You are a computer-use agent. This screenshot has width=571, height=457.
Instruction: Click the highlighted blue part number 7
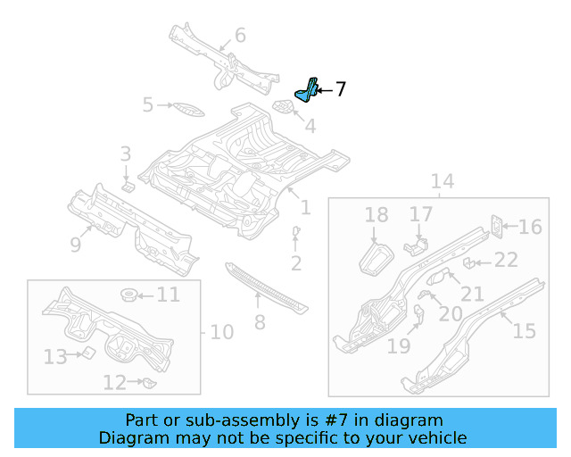tap(307, 90)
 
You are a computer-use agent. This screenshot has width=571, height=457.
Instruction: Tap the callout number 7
tap(340, 88)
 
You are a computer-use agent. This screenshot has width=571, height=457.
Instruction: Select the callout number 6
tap(240, 36)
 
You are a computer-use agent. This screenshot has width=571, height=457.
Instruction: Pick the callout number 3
tap(126, 154)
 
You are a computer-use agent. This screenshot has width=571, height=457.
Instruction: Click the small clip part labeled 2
tap(295, 234)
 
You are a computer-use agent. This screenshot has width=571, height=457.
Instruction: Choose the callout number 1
tap(305, 207)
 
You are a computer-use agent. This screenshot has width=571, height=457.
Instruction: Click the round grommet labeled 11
tap(128, 295)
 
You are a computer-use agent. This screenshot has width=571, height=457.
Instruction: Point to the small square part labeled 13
tap(87, 353)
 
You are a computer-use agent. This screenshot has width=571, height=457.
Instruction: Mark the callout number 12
tap(113, 383)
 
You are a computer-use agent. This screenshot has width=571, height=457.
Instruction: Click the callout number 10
tap(221, 332)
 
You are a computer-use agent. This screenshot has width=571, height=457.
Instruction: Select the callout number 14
tap(443, 182)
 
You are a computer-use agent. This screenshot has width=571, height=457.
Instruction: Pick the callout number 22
tap(506, 260)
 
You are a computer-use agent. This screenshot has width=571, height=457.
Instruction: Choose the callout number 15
tap(524, 330)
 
